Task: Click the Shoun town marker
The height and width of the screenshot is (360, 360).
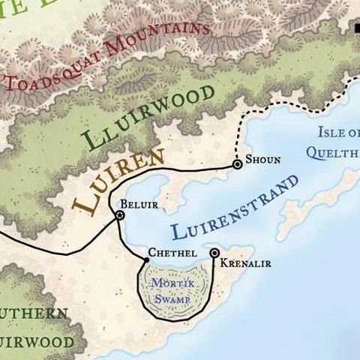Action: [x=237, y=163]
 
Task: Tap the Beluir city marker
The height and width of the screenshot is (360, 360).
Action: [x=119, y=216]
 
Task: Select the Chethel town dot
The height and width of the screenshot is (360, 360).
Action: [x=147, y=260]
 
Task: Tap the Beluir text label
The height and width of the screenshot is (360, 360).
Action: [x=135, y=203]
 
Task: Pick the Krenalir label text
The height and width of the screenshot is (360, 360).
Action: [x=246, y=263]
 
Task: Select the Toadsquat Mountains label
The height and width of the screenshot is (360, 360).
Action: [x=105, y=55]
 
